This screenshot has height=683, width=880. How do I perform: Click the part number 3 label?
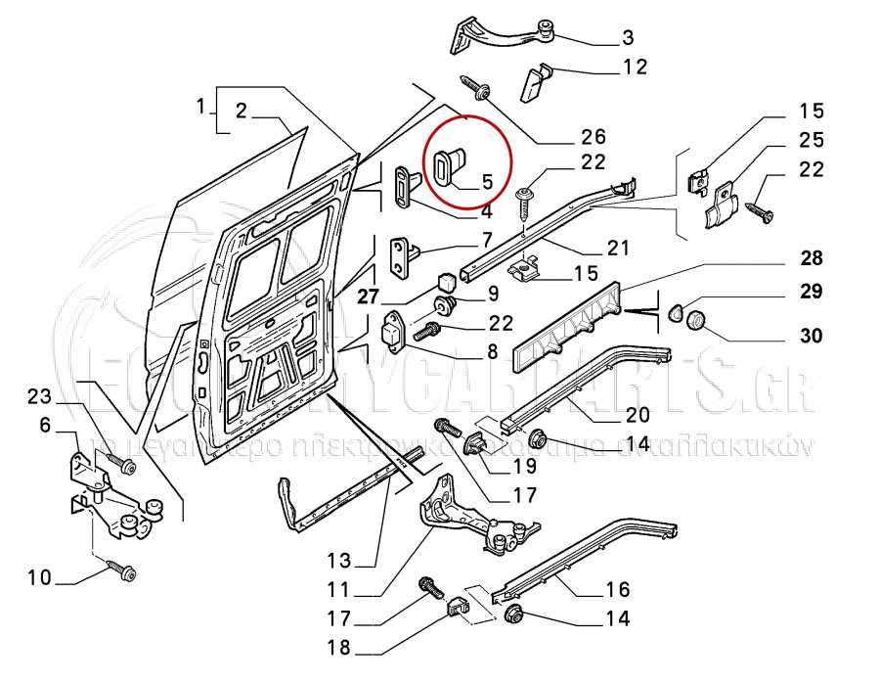click(627, 39)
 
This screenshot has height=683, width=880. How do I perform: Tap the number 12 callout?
click(635, 68)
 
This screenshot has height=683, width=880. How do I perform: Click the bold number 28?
click(811, 259)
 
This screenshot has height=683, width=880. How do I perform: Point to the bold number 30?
click(811, 336)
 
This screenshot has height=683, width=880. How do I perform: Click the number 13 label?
click(338, 562)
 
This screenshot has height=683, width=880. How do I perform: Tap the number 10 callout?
click(39, 578)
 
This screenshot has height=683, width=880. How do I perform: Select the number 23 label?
click(38, 397)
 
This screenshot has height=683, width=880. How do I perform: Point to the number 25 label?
click(812, 140)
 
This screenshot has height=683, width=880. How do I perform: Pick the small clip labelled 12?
click(538, 80)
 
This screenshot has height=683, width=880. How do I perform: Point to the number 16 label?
click(617, 590)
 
